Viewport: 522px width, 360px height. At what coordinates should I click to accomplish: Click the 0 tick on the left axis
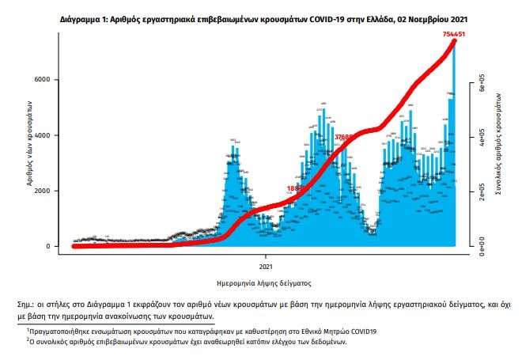coord(47,246)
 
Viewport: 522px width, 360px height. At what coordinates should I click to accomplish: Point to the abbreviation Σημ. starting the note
coord(27,304)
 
